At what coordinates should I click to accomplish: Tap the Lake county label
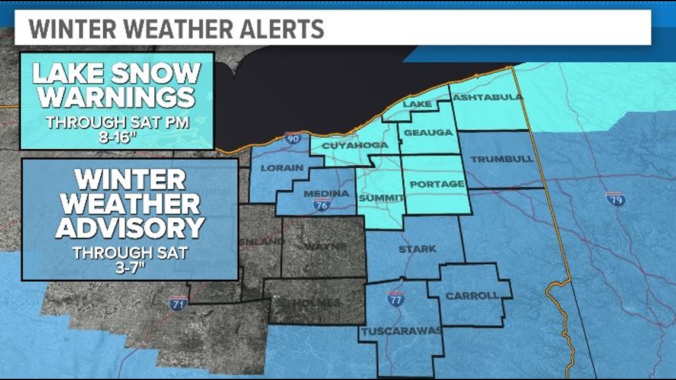coord(417,104)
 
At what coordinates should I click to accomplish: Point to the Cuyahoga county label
coord(355,145)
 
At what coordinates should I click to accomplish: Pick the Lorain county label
coord(282,168)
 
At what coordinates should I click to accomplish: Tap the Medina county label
coord(326,194)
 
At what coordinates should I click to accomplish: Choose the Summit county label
coord(381,197)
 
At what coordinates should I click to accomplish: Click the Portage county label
coord(437,184)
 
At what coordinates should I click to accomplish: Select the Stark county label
coord(417,249)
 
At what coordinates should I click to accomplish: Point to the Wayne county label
coord(324,245)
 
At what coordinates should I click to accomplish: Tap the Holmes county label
coord(318,303)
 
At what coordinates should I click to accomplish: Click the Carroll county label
coord(472,296)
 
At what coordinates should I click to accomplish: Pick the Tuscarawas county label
coord(401,331)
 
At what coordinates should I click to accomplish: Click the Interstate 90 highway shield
coord(292,138)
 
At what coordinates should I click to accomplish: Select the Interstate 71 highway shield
coord(176,304)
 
